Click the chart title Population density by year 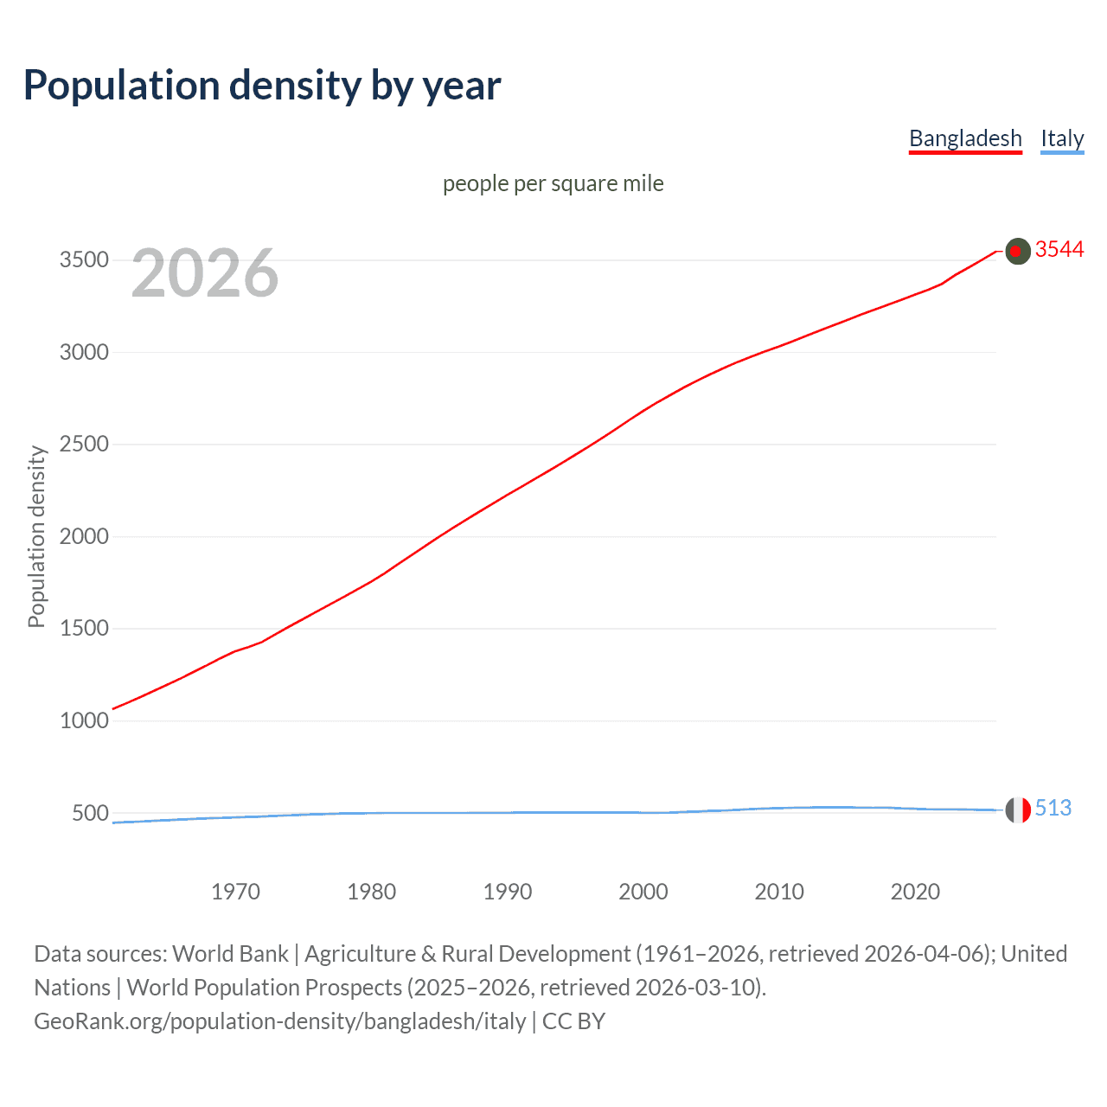pyautogui.click(x=262, y=86)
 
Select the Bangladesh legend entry pyautogui.click(x=965, y=138)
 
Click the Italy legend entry pyautogui.click(x=1062, y=138)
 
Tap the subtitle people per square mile pyautogui.click(x=553, y=183)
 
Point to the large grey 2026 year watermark pyautogui.click(x=205, y=273)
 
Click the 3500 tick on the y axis pyautogui.click(x=84, y=260)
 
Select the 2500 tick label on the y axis pyautogui.click(x=84, y=445)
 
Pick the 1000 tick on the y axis pyautogui.click(x=84, y=720)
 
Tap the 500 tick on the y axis pyautogui.click(x=90, y=813)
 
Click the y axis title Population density pyautogui.click(x=36, y=536)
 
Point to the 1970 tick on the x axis pyautogui.click(x=235, y=892)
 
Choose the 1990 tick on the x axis pyautogui.click(x=508, y=892)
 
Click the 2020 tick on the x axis pyautogui.click(x=915, y=892)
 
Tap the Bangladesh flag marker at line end pyautogui.click(x=1018, y=252)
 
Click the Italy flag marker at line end pyautogui.click(x=1018, y=810)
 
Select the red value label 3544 pyautogui.click(x=1059, y=250)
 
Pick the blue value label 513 pyautogui.click(x=1053, y=808)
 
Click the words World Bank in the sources pyautogui.click(x=230, y=954)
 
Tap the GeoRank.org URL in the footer pyautogui.click(x=279, y=1021)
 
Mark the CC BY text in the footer pyautogui.click(x=573, y=1021)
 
